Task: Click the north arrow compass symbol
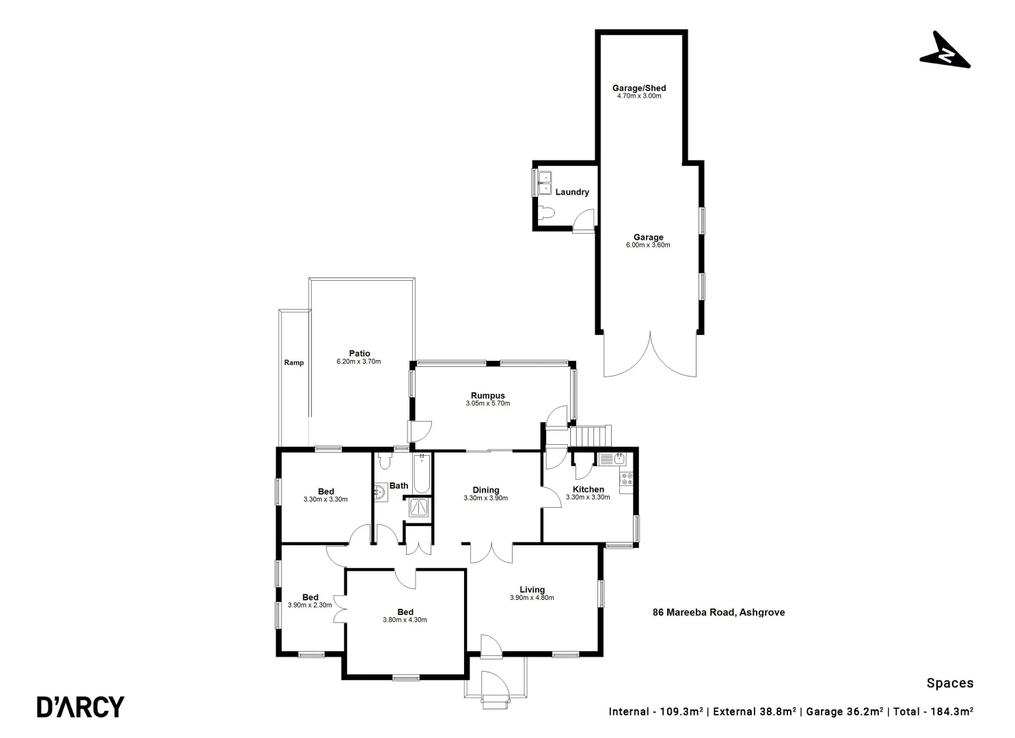point(945,52)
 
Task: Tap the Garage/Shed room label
point(638,88)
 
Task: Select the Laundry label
point(572,192)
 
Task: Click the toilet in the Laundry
point(545,213)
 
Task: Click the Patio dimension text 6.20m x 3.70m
point(358,361)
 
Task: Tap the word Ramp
point(294,363)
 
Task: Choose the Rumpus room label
point(487,396)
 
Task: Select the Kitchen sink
point(608,459)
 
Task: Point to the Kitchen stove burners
point(626,479)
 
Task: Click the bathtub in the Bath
point(422,474)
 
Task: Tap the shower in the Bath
point(418,507)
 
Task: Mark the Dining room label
point(486,490)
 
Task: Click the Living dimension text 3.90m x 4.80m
point(532,598)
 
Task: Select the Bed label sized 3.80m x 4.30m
point(405,612)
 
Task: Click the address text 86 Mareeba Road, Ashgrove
point(718,612)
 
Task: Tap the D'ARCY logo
point(81,707)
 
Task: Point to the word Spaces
point(949,683)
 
